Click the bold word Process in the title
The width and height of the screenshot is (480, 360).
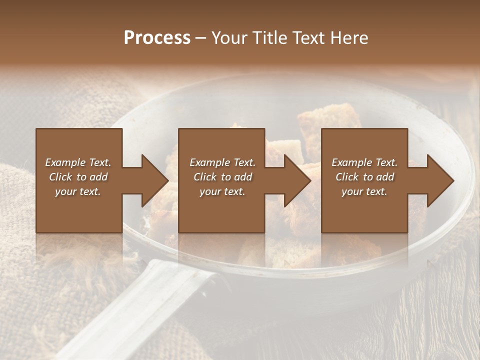click(157, 37)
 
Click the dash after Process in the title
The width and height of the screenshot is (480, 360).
click(200, 38)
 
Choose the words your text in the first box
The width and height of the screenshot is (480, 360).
click(78, 191)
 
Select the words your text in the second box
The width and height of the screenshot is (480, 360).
click(222, 191)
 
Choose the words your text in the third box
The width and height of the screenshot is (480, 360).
click(364, 191)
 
